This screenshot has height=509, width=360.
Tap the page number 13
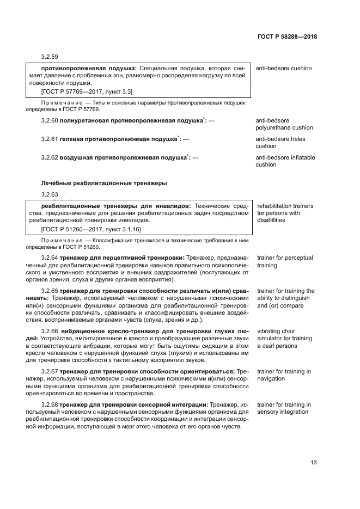[x=313, y=463]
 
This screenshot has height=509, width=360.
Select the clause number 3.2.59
[x=50, y=57]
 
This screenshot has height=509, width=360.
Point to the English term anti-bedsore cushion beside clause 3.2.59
[x=283, y=69]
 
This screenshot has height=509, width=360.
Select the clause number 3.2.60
[x=50, y=120]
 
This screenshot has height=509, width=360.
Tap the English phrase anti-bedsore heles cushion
[x=280, y=143]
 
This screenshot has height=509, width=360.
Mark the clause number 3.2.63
[x=50, y=194]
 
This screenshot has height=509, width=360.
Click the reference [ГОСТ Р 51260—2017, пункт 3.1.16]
[x=87, y=229]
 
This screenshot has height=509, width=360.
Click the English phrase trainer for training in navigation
[x=284, y=375]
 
